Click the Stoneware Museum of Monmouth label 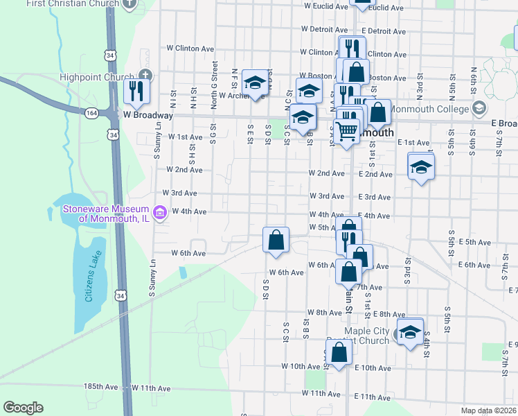click(105, 214)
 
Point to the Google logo click(23, 408)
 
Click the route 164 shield click(91, 113)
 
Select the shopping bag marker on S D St click(276, 239)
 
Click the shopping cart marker click(346, 130)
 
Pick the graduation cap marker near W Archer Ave click(255, 85)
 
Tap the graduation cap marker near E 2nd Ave click(420, 168)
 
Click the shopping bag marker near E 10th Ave click(339, 352)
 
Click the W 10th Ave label click(302, 366)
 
